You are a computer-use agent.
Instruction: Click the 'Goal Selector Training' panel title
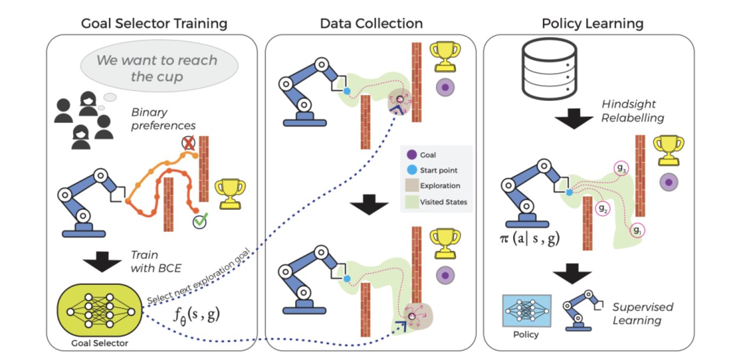click(154, 23)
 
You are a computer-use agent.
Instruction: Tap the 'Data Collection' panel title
click(371, 23)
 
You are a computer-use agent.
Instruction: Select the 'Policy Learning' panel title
click(592, 23)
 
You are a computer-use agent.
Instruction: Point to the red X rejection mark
click(187, 143)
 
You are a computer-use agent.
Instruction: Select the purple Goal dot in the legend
click(411, 156)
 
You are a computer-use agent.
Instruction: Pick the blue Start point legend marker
click(411, 170)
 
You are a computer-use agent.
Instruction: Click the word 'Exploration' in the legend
click(440, 186)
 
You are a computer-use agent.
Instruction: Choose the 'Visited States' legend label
click(443, 202)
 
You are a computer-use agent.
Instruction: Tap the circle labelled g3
click(621, 169)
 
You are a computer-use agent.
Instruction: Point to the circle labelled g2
click(603, 209)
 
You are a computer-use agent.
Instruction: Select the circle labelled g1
click(637, 231)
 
